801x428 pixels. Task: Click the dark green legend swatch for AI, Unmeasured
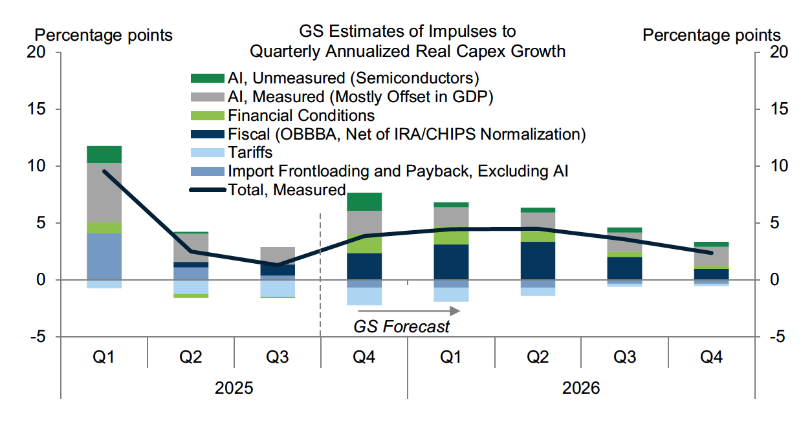(206, 79)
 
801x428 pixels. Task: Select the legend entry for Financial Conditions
(301, 116)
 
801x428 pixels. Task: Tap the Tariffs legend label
(250, 153)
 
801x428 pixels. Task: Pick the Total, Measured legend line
(206, 190)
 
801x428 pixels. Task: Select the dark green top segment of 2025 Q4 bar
(364, 202)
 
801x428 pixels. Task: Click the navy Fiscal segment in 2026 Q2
(538, 261)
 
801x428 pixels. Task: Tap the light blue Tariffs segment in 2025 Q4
(364, 296)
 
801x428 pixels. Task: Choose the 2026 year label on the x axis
(581, 389)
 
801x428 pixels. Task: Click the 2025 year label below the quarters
(234, 389)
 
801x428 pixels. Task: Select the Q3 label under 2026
(624, 358)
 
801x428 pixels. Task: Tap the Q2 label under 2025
(190, 358)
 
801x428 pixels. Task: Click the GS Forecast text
(401, 326)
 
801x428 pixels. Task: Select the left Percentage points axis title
(104, 35)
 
